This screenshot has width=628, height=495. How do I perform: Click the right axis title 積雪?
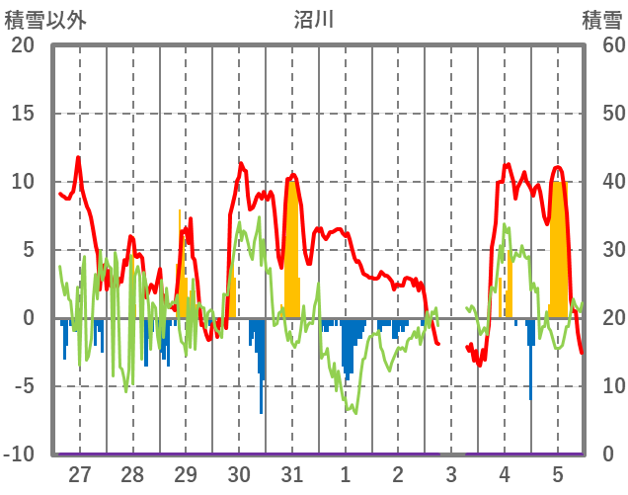point(601,19)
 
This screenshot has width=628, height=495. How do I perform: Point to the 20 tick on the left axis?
point(23,45)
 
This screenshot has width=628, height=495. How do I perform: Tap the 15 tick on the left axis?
point(23,114)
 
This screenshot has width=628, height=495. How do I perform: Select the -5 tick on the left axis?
point(23,386)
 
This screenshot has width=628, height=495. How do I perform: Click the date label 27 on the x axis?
point(80,475)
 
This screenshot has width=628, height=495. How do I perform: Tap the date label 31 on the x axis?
point(291,475)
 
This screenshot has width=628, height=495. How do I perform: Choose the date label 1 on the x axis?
point(346,475)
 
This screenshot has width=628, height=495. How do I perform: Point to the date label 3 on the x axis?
point(451,475)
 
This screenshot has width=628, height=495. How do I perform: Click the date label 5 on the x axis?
point(558,475)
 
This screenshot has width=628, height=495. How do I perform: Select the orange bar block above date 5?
point(559,247)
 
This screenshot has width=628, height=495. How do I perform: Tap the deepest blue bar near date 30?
point(262,395)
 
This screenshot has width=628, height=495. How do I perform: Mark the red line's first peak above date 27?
point(78,157)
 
